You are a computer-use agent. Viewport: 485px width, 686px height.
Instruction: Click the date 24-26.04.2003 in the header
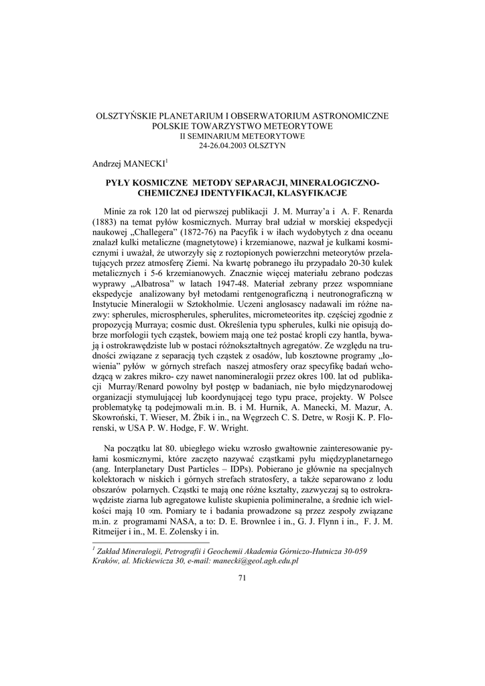[x=216, y=145]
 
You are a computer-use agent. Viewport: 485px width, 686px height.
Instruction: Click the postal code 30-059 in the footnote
[x=352, y=551]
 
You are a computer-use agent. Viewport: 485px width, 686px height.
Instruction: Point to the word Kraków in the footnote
[x=106, y=561]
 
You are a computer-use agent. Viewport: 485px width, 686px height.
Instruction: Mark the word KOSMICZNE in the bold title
[x=158, y=183]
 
